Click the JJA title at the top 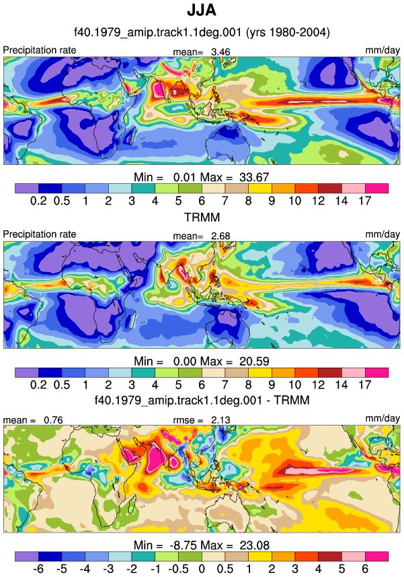point(202,10)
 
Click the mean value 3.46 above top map point(220,52)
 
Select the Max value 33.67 point(254,177)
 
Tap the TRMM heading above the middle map point(202,217)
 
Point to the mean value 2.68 point(220,236)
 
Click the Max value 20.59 point(254,361)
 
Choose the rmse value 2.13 point(220,420)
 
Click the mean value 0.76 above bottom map point(53,420)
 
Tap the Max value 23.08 point(255,545)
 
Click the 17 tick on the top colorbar point(365,201)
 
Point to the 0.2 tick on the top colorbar point(38,201)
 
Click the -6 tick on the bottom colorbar point(38,568)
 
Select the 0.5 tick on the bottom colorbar point(225,568)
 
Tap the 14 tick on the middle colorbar point(341,384)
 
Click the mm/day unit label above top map point(382,50)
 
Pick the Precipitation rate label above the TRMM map point(39,234)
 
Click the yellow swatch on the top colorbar point(260,189)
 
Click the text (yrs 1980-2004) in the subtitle point(288,32)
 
